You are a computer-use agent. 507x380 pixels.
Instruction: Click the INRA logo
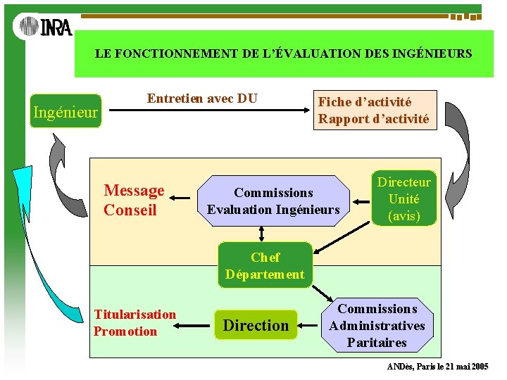(x=46, y=27)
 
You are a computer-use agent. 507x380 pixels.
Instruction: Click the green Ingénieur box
(x=66, y=111)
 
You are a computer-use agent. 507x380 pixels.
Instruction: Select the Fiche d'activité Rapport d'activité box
(x=373, y=110)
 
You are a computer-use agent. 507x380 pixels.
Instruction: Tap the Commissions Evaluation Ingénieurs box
(x=273, y=201)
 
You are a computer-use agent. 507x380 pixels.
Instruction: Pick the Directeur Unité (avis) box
(x=403, y=199)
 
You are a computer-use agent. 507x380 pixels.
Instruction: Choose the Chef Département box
(x=265, y=265)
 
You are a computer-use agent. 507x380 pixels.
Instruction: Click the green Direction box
(x=256, y=325)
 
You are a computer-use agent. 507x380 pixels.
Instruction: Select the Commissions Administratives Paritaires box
(x=377, y=326)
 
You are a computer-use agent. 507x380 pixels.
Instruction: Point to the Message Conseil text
(x=134, y=200)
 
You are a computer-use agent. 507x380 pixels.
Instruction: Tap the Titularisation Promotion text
(x=134, y=323)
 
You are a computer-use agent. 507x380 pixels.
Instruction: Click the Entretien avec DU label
(x=202, y=99)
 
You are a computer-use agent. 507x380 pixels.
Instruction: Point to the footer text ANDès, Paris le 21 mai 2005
(x=437, y=367)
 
